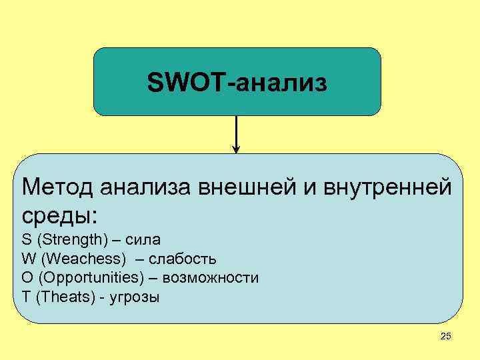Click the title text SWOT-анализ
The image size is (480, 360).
[x=237, y=83]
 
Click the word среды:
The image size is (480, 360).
[x=59, y=215]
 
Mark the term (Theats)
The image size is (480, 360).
[x=65, y=297]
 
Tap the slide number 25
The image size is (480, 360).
[x=445, y=337]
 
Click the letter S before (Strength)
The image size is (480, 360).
[x=26, y=239]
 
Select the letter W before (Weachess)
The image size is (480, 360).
[x=28, y=259]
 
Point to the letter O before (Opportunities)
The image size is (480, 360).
[x=27, y=277]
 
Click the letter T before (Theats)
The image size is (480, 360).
[x=26, y=297]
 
